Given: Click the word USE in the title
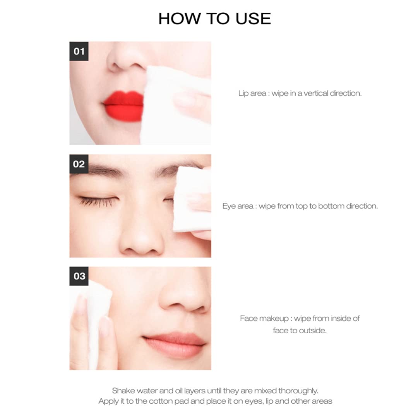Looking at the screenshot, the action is point(253,19).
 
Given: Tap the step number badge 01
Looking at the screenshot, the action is point(79,51).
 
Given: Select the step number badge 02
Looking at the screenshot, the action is point(79,164).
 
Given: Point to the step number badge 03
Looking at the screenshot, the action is point(79,276).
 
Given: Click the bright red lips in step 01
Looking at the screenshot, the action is point(123,106).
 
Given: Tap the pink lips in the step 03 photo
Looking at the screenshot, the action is point(175,345).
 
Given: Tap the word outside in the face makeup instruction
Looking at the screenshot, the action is point(313,331).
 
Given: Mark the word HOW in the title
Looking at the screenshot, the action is point(180,19).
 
